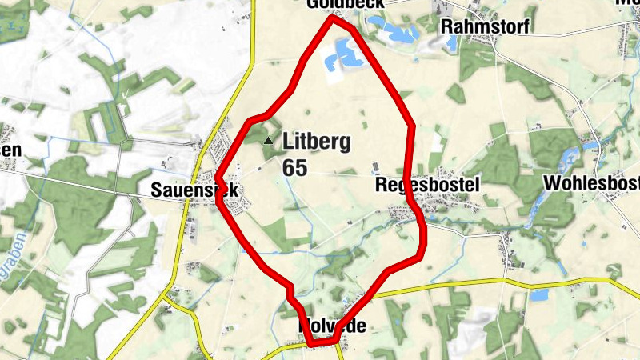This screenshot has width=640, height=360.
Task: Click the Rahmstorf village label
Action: click(485, 26)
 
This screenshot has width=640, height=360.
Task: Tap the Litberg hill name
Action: click(316, 143)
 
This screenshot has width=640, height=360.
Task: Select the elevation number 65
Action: click(294, 167)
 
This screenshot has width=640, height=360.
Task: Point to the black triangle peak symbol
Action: click(269, 141)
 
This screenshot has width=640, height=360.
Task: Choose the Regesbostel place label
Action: click(427, 186)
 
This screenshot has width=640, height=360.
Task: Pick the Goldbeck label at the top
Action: click(346, 4)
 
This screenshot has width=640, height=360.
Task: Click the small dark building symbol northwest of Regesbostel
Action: click(374, 167)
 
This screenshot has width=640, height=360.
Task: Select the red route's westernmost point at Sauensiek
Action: click(218, 178)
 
